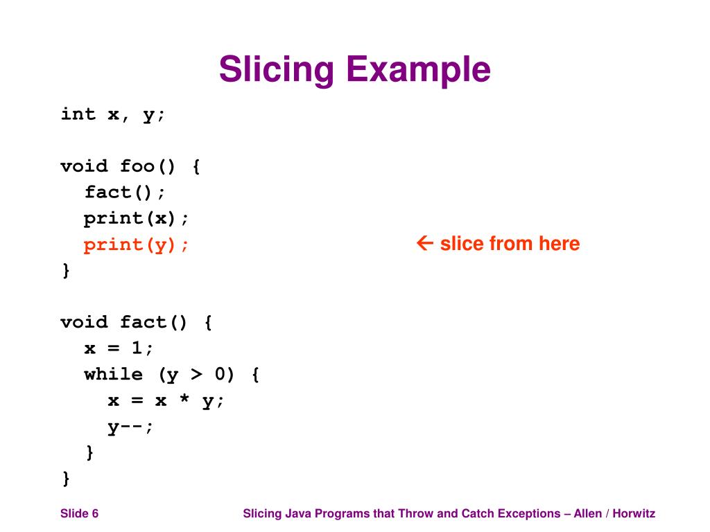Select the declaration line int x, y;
114,114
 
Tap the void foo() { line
130,166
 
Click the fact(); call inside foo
125,192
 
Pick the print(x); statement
137,218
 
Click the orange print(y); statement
137,245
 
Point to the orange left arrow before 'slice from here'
424,243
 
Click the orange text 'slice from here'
510,244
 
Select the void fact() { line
137,323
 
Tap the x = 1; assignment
119,348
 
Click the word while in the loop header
114,375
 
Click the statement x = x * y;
166,401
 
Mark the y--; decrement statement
130,427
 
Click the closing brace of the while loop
89,452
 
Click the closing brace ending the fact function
66,478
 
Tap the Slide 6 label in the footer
79,513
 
